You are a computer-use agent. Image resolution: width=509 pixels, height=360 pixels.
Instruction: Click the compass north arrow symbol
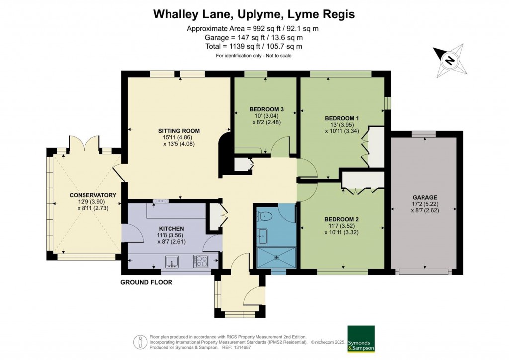coord(450,61)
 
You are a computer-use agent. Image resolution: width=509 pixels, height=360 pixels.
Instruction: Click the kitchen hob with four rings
coord(201,261)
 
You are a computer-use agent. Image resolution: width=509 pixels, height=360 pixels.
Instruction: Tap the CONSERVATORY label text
coord(86,195)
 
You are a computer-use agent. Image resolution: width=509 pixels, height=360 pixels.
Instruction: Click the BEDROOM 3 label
coord(266,109)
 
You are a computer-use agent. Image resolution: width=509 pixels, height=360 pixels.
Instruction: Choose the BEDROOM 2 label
coord(341,219)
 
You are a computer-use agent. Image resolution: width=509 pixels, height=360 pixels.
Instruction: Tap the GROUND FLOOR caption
coord(146,282)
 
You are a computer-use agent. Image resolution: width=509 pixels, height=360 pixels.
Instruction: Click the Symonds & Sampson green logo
coord(360,339)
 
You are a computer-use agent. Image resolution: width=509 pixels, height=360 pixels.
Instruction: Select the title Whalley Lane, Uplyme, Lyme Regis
coord(254,14)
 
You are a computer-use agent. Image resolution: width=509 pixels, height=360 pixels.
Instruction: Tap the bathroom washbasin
coord(263,234)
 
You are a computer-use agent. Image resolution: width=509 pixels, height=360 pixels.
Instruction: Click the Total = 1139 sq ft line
coord(254,46)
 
